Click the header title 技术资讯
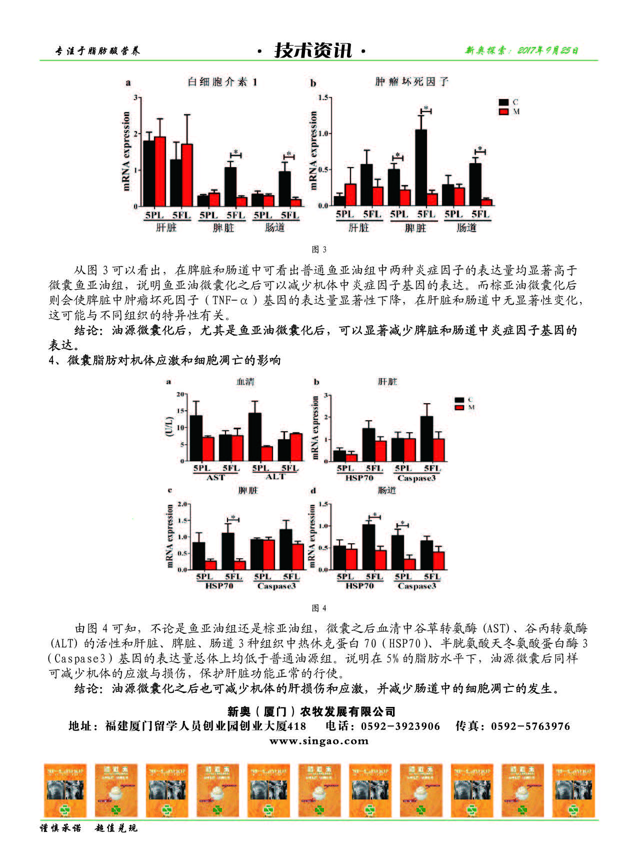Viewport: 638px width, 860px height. click(x=313, y=51)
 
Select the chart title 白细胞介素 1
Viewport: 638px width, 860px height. click(x=222, y=82)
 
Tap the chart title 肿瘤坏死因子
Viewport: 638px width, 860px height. click(x=411, y=82)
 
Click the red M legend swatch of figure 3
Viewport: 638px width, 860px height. click(x=503, y=112)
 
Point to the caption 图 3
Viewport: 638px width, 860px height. click(x=318, y=250)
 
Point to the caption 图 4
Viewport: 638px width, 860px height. click(x=318, y=608)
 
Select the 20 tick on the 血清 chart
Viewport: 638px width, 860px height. click(x=181, y=394)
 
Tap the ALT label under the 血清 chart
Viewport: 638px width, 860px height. click(x=274, y=477)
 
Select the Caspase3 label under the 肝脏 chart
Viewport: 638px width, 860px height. click(x=416, y=478)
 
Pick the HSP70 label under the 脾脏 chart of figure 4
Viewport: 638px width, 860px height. click(x=219, y=586)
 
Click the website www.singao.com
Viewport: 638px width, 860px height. click(x=318, y=741)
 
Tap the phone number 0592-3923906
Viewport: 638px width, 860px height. click(x=400, y=726)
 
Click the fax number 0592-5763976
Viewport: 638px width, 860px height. click(x=530, y=726)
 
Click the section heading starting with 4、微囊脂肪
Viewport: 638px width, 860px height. click(x=164, y=360)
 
